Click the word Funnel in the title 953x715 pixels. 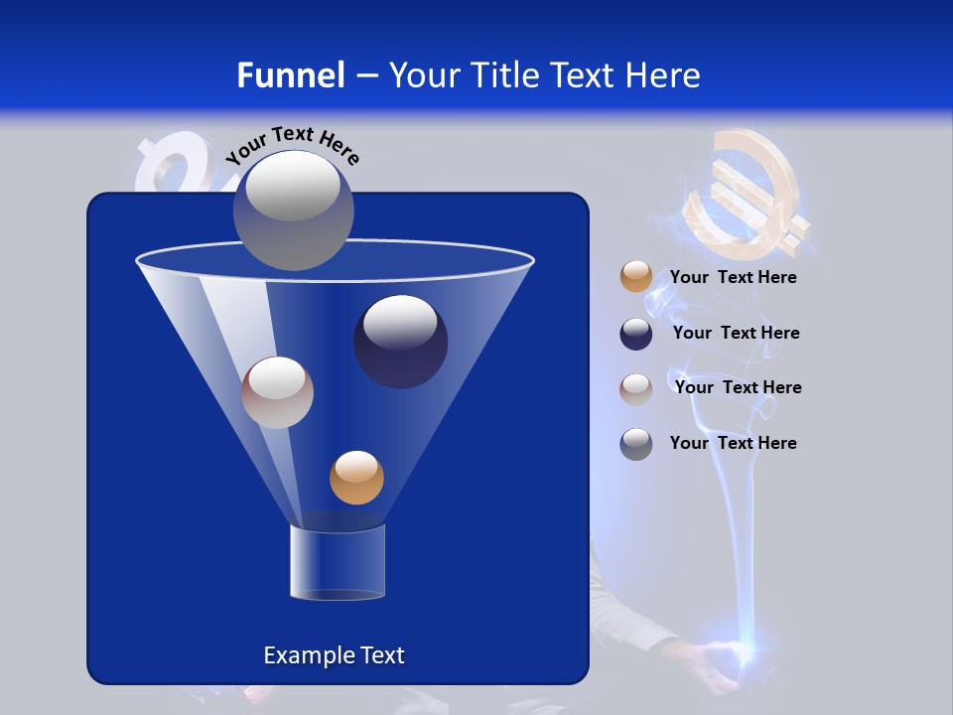(x=291, y=75)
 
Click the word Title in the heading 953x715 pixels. (x=504, y=75)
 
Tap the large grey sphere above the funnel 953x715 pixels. (x=293, y=210)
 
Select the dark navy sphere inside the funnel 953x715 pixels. (x=400, y=342)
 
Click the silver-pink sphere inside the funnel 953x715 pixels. (x=277, y=392)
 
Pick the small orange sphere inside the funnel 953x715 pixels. (x=356, y=478)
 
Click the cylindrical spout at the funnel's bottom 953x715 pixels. (x=337, y=562)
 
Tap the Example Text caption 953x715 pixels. (x=334, y=655)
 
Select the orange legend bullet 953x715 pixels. (x=636, y=277)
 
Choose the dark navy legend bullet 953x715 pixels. (x=636, y=334)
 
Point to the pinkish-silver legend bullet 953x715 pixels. (x=636, y=388)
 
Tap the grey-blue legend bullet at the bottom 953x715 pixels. (x=636, y=444)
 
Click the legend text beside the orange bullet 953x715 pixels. (x=733, y=278)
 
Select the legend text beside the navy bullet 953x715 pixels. (x=736, y=334)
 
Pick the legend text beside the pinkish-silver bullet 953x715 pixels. (x=738, y=388)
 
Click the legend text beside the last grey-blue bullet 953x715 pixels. (x=733, y=444)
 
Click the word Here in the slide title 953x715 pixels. (x=664, y=75)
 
